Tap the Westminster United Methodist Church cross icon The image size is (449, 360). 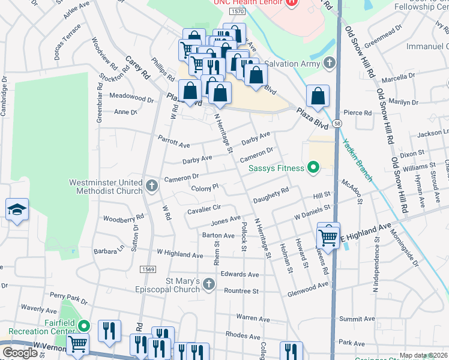click(x=151, y=185)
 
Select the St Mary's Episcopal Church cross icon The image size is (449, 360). click(x=208, y=284)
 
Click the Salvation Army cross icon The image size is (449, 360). click(x=328, y=63)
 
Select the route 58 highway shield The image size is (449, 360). click(x=338, y=124)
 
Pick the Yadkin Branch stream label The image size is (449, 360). click(x=357, y=160)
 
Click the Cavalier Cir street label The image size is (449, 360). click(x=204, y=208)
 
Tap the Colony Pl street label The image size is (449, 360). click(x=204, y=188)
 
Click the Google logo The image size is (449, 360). click(x=20, y=353)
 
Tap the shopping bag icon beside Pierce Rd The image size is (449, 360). click(x=318, y=96)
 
